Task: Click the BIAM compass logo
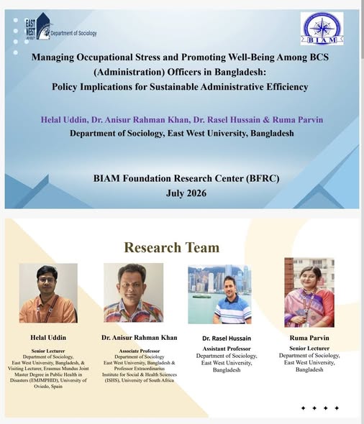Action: [x=322, y=29]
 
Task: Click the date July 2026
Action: [x=186, y=193]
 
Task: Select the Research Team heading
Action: [x=172, y=247]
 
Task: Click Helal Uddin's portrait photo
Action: [x=48, y=293]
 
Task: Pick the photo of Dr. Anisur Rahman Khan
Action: [x=133, y=292]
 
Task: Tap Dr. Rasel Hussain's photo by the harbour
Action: [x=219, y=294]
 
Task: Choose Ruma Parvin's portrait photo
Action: [x=309, y=292]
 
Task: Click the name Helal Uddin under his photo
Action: [x=48, y=338]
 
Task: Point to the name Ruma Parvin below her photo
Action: [x=309, y=338]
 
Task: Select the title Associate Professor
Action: [x=140, y=351]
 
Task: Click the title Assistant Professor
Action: [x=227, y=349]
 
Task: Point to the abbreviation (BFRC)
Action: [x=263, y=178]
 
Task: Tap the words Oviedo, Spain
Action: [x=48, y=387]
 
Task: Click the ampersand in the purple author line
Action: [x=266, y=119]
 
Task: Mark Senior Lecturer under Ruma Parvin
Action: [x=309, y=349]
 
